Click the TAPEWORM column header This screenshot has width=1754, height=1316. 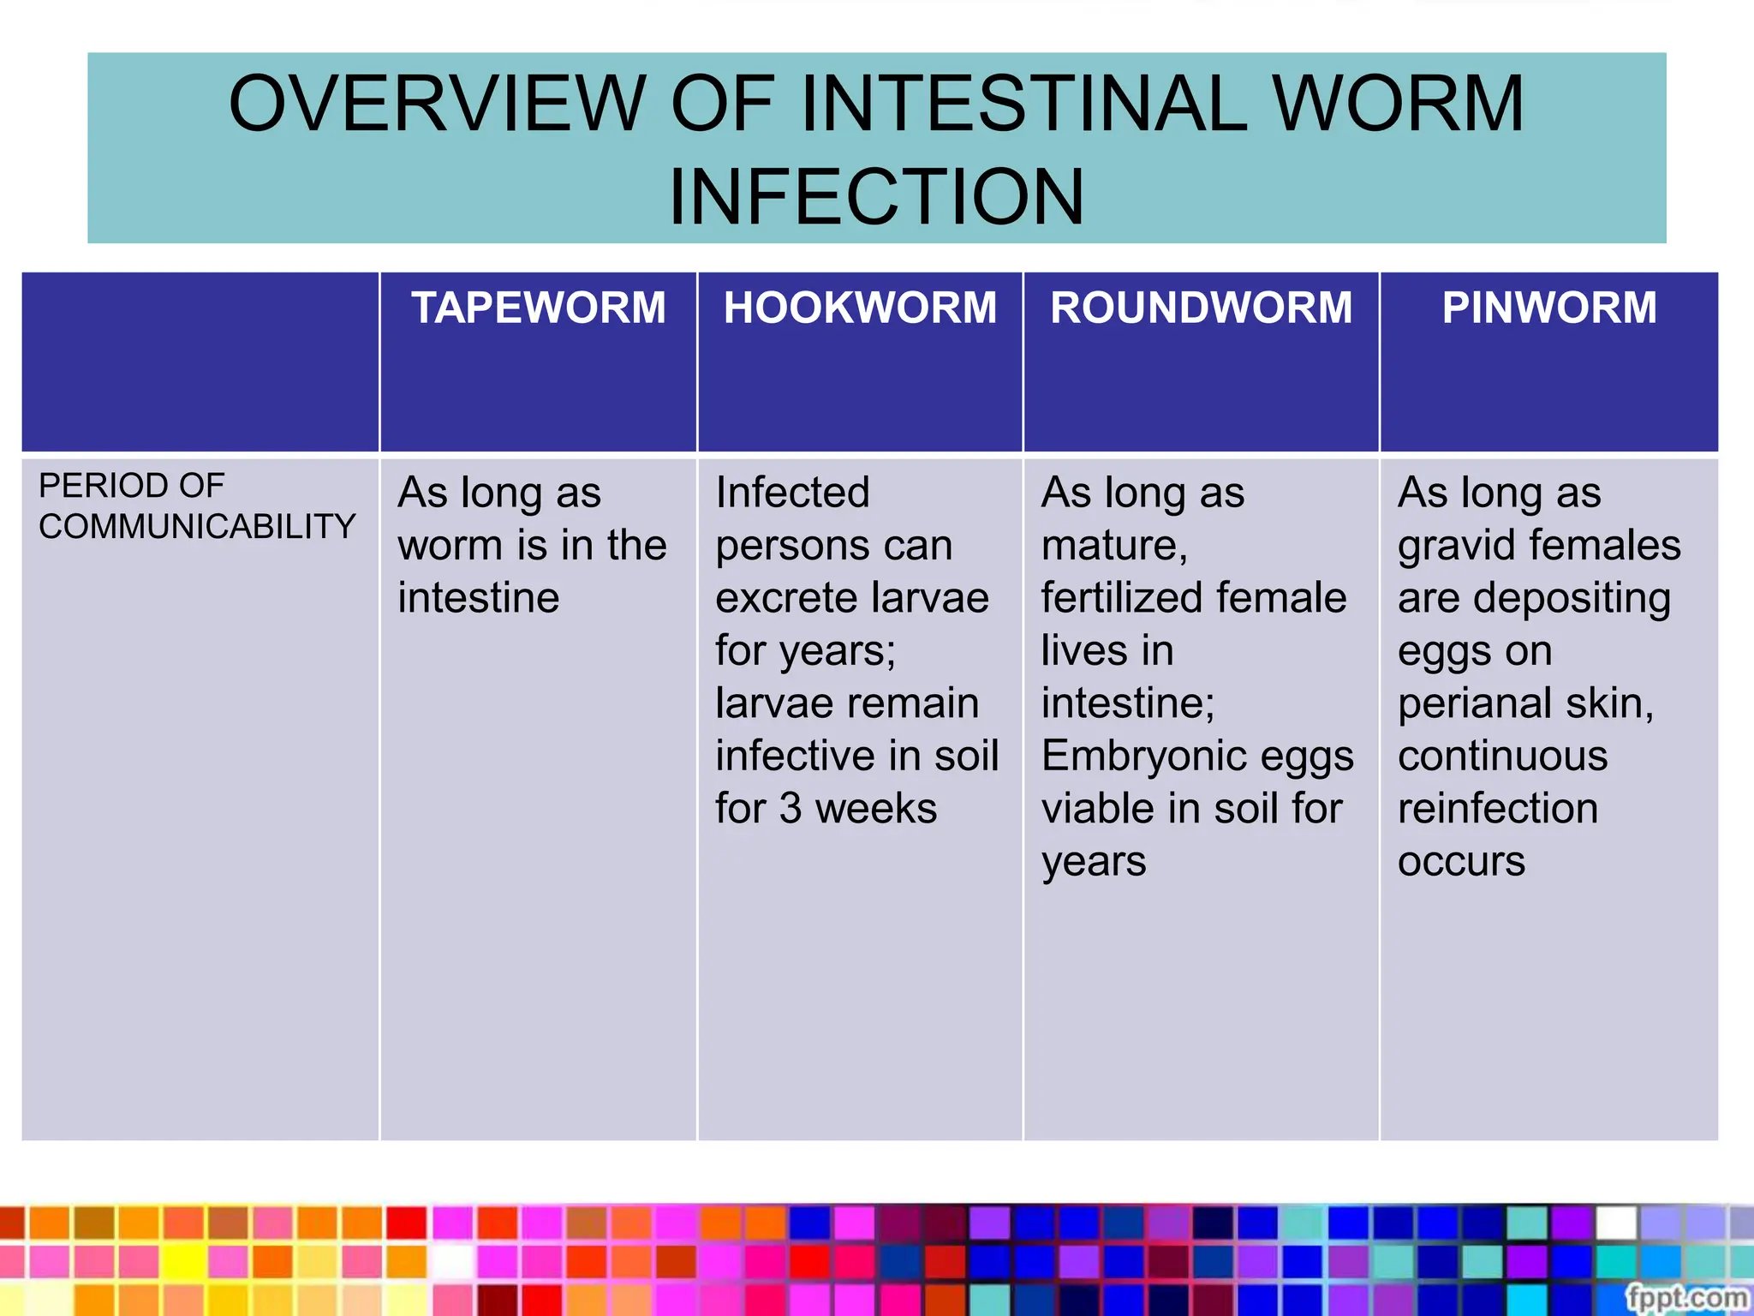point(538,308)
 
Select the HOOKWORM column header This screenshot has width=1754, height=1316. point(860,308)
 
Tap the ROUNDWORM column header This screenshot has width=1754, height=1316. point(1201,308)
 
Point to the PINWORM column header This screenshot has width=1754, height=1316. point(1548,308)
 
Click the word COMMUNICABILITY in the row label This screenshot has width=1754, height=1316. point(197,526)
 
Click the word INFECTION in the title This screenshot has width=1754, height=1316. point(876,197)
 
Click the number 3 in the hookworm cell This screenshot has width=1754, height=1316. point(790,809)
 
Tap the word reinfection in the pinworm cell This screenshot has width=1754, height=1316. point(1498,809)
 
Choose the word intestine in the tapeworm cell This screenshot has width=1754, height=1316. point(478,599)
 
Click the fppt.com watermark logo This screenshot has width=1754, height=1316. point(1685,1296)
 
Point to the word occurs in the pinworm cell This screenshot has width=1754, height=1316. point(1461,861)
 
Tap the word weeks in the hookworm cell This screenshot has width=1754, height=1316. point(875,809)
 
